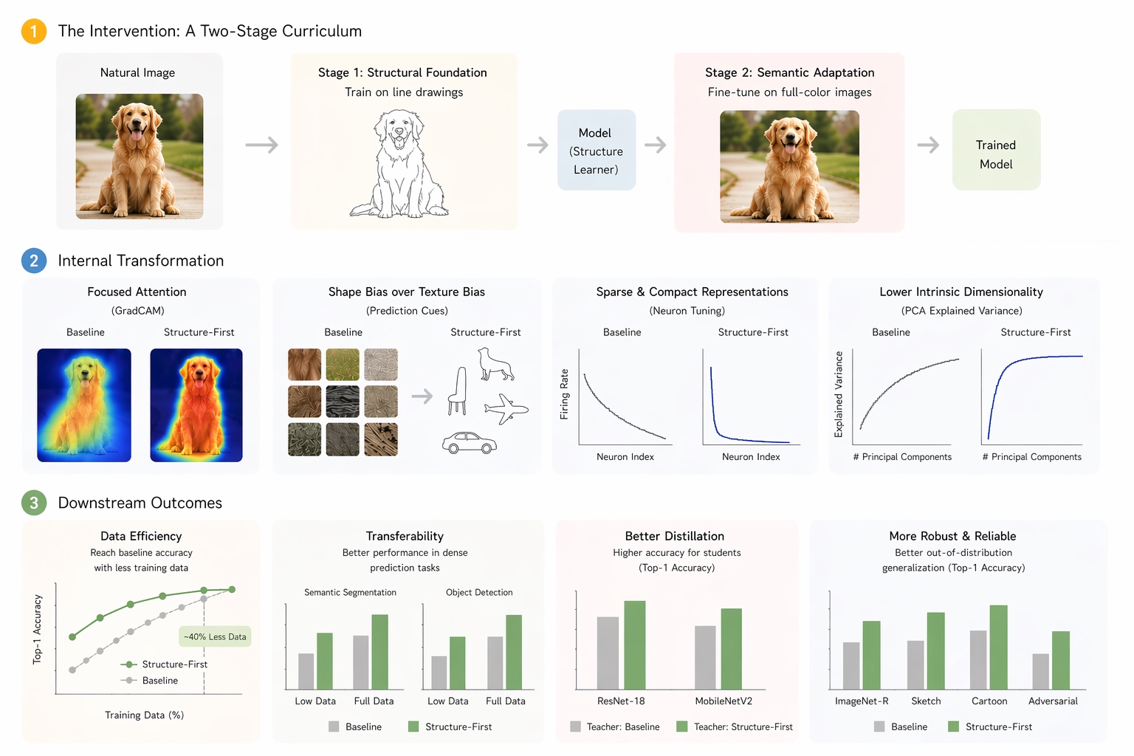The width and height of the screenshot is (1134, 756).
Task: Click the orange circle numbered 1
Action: [x=34, y=32]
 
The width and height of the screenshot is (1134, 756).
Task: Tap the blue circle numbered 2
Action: [x=34, y=261]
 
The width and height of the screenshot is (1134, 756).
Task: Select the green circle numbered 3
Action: [x=34, y=503]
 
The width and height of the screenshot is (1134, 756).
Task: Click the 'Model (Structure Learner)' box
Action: [x=597, y=151]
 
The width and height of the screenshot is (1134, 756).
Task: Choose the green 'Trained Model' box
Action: [x=996, y=151]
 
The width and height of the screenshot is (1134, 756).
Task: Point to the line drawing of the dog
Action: [x=399, y=164]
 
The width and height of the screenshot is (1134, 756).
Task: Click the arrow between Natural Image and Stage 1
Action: [x=262, y=145]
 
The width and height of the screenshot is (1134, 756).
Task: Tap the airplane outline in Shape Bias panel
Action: [x=506, y=408]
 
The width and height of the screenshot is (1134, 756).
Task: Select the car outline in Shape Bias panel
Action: [x=470, y=443]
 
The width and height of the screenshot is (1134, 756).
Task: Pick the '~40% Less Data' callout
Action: [x=216, y=636]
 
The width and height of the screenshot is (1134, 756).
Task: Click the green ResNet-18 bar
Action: [x=635, y=645]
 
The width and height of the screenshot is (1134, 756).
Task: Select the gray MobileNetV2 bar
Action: [x=705, y=658]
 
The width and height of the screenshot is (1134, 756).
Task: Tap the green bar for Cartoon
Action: [x=998, y=647]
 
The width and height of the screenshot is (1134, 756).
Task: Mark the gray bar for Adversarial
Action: [x=1041, y=671]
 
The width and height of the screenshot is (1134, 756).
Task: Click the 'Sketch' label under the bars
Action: [x=926, y=701]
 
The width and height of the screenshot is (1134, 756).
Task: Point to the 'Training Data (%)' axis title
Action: [x=145, y=715]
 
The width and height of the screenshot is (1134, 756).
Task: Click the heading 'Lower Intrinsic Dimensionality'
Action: [x=961, y=292]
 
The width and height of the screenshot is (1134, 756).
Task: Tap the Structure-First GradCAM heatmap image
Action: [x=196, y=405]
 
